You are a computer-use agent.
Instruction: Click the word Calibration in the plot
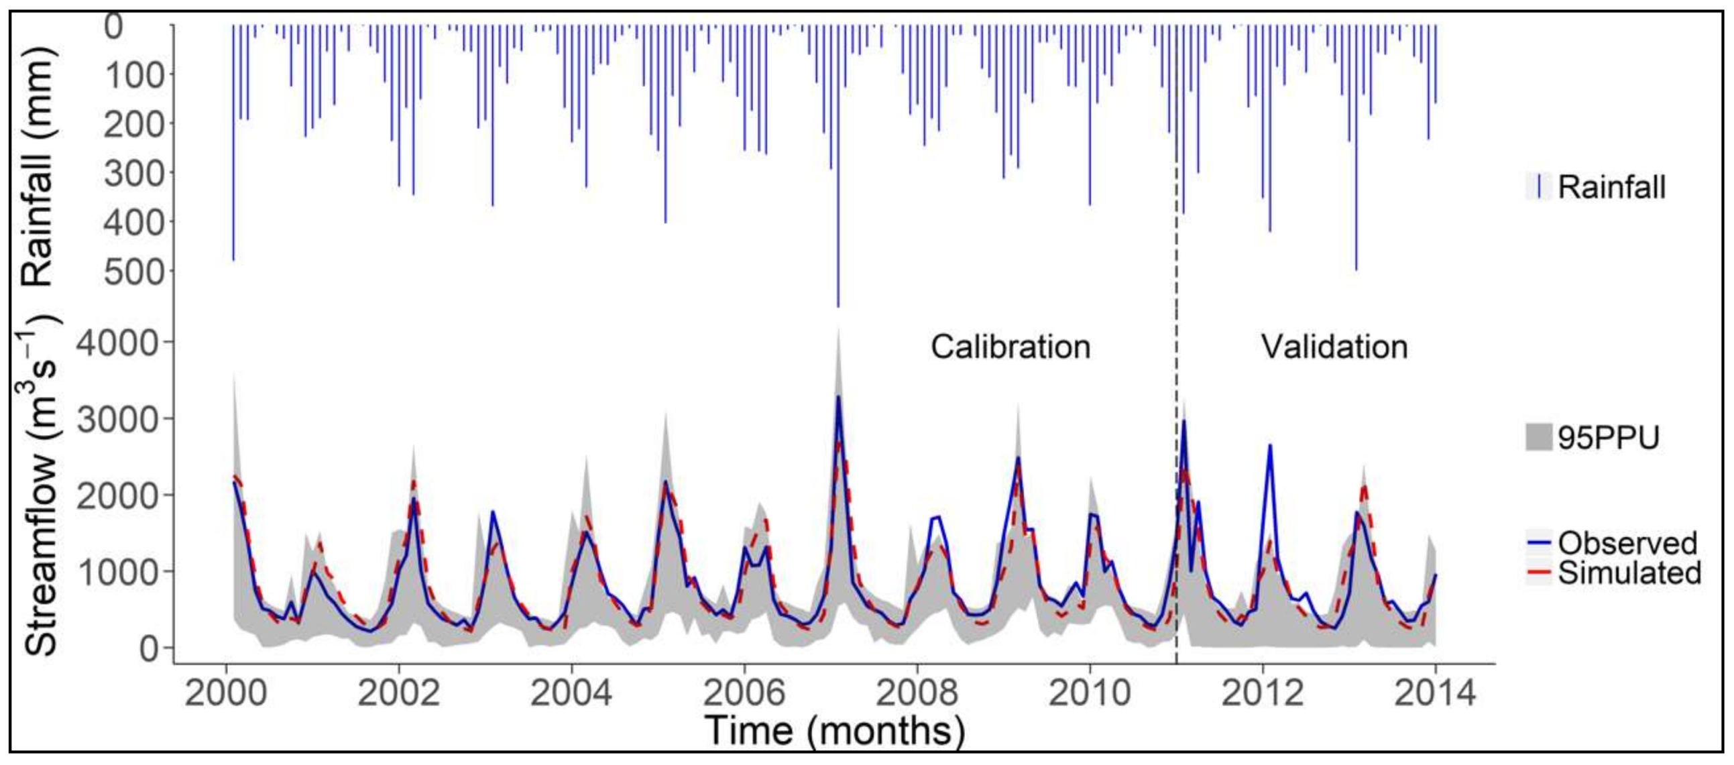click(x=1010, y=347)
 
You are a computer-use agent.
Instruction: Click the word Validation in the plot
click(x=1334, y=347)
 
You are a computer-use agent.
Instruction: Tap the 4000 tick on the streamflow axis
click(x=119, y=343)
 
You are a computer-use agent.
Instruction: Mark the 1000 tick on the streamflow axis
click(x=119, y=571)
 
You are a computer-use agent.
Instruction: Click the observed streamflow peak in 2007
click(x=838, y=397)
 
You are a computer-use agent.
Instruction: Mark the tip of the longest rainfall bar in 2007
click(x=838, y=306)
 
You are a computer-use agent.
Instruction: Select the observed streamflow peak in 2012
click(x=1270, y=445)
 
